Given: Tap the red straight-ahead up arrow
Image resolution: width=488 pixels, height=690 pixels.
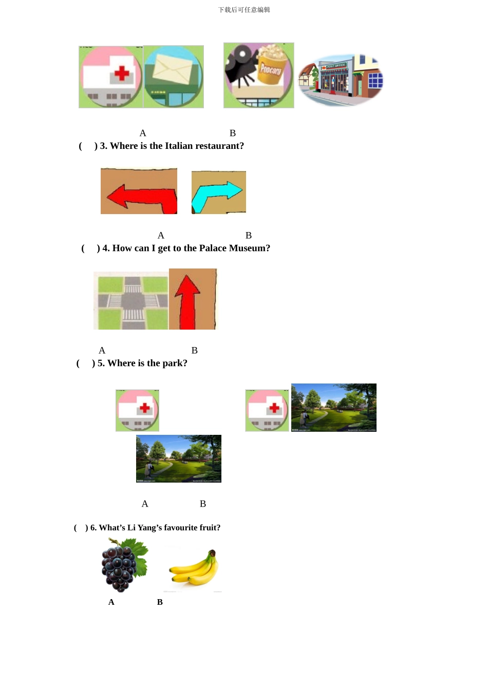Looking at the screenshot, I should [187, 300].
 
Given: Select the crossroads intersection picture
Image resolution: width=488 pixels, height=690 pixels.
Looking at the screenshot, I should [132, 301].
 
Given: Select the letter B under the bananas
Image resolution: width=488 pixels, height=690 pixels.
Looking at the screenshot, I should [160, 602].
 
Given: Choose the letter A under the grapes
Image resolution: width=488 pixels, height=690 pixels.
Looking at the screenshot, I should [111, 602].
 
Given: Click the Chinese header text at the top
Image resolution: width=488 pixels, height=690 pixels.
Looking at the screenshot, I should [244, 10].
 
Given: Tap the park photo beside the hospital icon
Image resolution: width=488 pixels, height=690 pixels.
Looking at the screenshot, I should [333, 408].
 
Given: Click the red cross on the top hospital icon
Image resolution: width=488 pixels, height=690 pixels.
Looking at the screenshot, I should [122, 73].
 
